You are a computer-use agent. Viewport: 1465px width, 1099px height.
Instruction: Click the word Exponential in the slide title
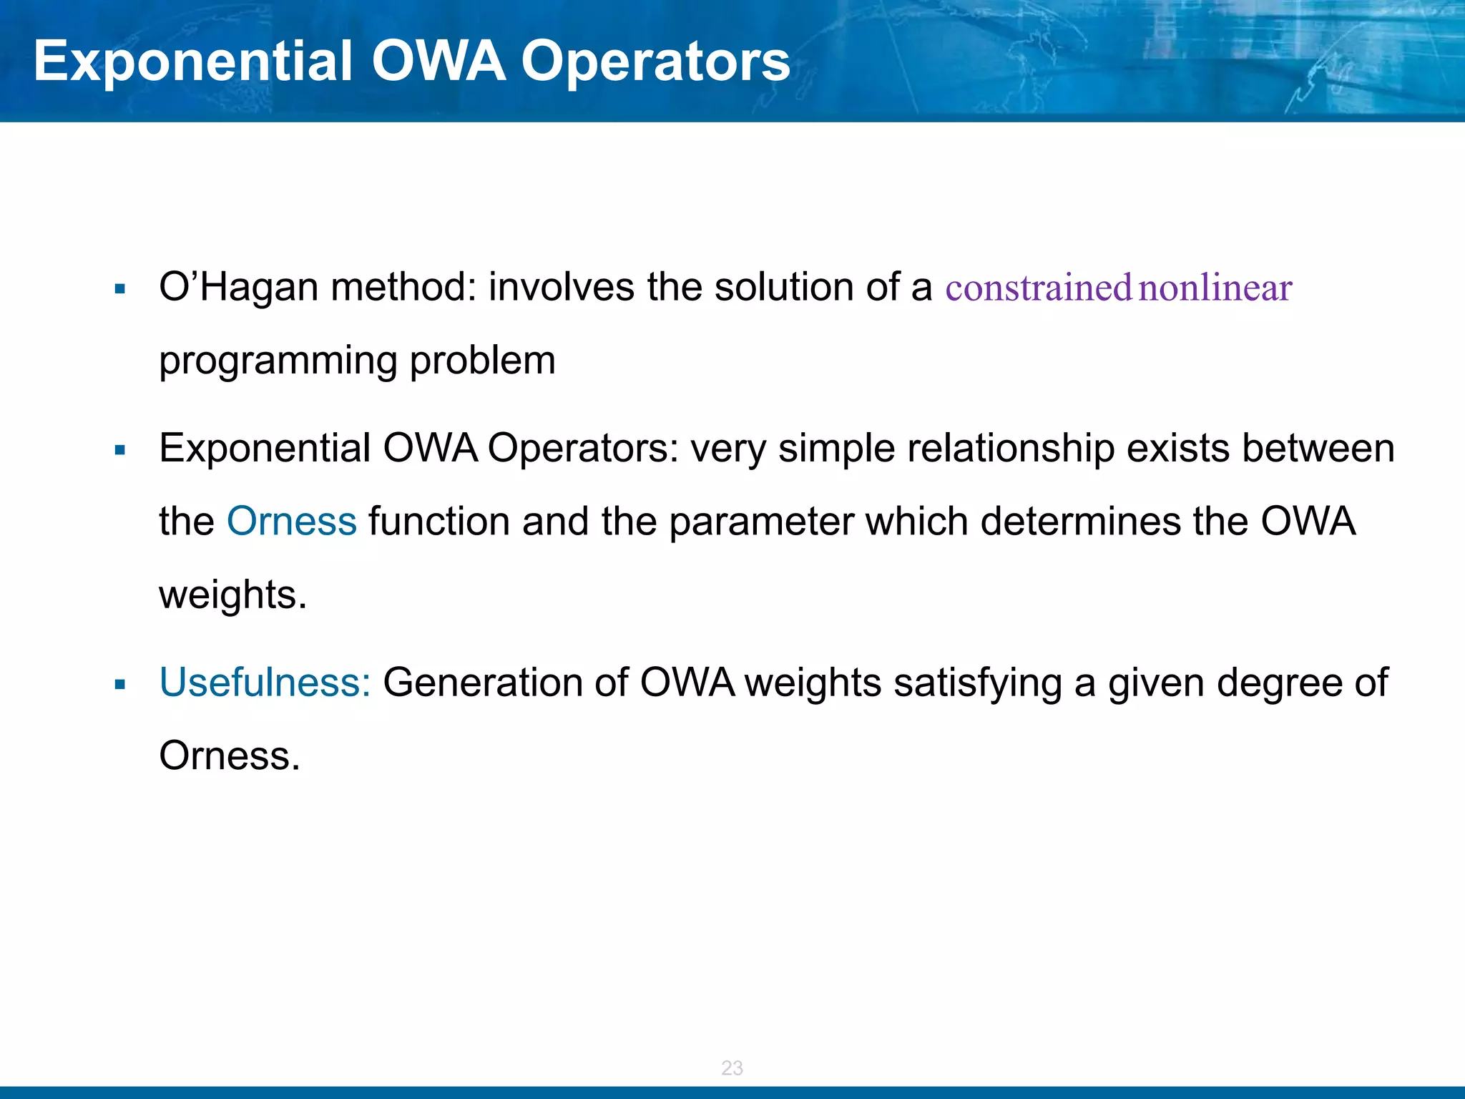(x=193, y=62)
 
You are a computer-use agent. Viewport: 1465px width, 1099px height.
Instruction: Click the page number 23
(x=732, y=1068)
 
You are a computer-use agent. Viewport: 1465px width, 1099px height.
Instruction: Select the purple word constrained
(x=1038, y=288)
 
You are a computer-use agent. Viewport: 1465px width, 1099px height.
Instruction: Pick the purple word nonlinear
(x=1215, y=288)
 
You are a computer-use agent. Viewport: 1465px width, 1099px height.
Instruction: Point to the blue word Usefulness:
(x=265, y=683)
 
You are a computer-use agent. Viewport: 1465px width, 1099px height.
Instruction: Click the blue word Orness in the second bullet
(x=291, y=521)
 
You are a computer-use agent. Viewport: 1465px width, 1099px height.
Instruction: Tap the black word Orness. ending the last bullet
(x=229, y=756)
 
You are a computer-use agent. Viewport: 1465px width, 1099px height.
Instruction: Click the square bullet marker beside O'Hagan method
(x=119, y=290)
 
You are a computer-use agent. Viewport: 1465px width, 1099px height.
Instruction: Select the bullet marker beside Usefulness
(x=119, y=685)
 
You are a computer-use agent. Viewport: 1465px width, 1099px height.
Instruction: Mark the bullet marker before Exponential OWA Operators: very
(x=119, y=451)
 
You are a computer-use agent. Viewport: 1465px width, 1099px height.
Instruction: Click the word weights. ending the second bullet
(x=232, y=595)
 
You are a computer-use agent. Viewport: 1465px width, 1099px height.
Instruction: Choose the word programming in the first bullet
(x=278, y=361)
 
